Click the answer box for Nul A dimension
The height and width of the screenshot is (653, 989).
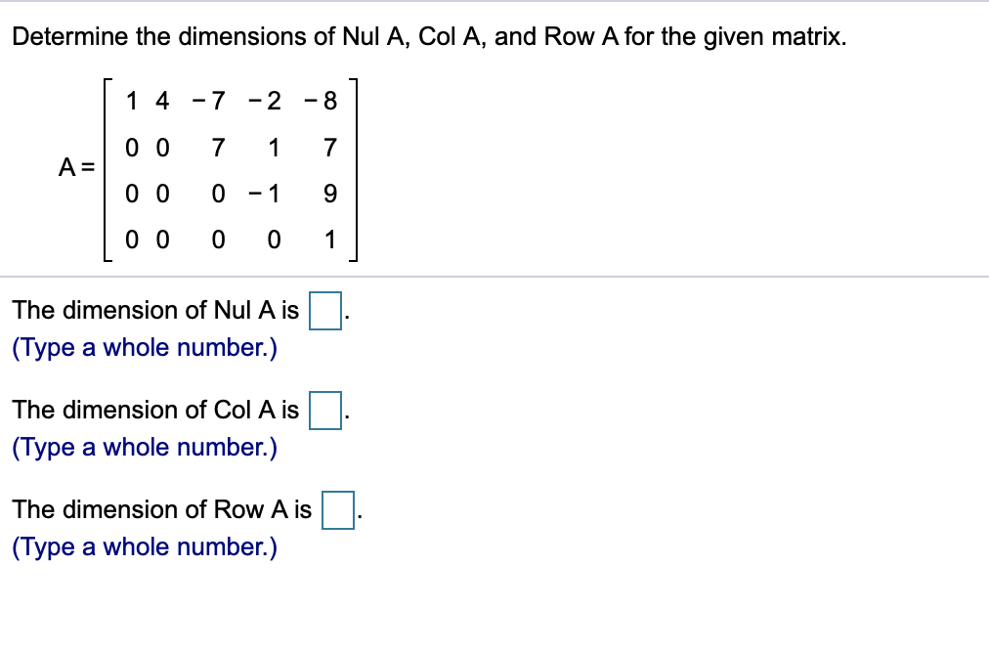click(x=325, y=312)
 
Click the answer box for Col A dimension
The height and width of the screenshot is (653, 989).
click(x=325, y=411)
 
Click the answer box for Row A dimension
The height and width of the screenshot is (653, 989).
click(x=338, y=510)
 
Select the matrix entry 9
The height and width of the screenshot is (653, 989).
click(x=329, y=194)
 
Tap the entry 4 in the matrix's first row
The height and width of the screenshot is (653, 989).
click(x=162, y=101)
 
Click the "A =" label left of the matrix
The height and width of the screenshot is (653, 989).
click(x=74, y=167)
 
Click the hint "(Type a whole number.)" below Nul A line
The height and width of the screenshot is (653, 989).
click(x=144, y=349)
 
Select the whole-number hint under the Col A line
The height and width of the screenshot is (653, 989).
click(x=144, y=448)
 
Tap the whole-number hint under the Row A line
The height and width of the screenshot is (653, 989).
click(x=144, y=547)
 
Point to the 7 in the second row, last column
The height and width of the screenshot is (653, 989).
click(x=329, y=149)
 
